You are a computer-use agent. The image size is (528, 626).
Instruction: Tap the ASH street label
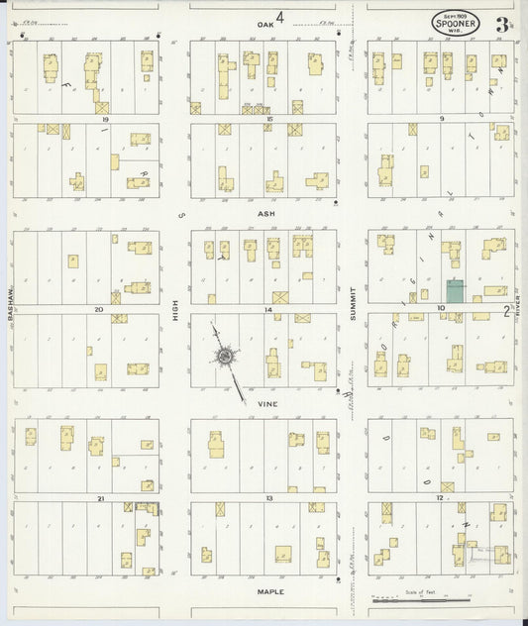264,213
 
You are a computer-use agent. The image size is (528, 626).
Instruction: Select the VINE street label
264,404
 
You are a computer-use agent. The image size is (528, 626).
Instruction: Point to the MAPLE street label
269,591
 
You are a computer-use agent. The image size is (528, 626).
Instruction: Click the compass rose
227,355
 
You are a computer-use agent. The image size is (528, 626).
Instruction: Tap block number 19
103,118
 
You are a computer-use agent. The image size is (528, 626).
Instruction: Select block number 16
268,118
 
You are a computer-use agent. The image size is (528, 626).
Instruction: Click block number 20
99,309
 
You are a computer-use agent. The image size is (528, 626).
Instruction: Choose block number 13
268,498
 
